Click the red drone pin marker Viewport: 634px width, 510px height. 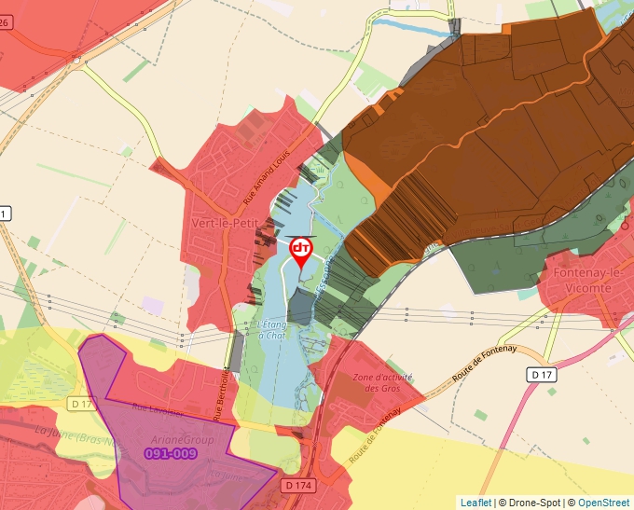(301, 251)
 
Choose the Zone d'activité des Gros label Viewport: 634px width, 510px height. (382, 382)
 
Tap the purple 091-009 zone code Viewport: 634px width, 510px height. (172, 453)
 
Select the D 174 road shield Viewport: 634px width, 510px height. (297, 485)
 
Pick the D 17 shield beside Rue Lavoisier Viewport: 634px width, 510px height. (82, 404)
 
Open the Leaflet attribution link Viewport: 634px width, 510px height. (475, 503)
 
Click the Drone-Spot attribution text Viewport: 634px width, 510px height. (531, 503)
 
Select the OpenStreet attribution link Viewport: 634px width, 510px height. (605, 503)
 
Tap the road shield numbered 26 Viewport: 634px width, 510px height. (6, 21)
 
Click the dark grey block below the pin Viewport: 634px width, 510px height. (300, 306)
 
